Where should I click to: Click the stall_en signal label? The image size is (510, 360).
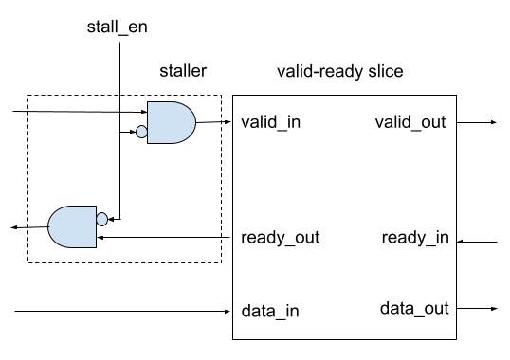tap(117, 27)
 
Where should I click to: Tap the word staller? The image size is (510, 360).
tap(182, 71)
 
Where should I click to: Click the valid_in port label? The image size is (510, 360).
tap(271, 122)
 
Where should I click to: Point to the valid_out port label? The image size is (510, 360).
tap(410, 122)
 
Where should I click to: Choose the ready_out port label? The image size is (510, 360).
tap(281, 237)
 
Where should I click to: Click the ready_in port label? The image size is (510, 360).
tap(415, 237)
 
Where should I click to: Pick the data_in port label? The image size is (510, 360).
tap(270, 310)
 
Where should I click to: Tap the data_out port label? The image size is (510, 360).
tap(414, 308)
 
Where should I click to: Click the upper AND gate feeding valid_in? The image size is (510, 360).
tap(172, 122)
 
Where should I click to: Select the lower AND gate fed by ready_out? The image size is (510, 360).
tap(72, 225)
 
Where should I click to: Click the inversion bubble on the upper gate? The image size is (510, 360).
tap(142, 133)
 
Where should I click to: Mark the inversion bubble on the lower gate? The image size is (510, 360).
tap(101, 218)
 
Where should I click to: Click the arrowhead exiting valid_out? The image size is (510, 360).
tap(492, 122)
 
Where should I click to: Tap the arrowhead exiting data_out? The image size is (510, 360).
tap(492, 309)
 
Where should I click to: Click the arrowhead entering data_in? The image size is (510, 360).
tap(228, 311)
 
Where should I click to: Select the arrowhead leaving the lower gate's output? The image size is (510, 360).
tap(13, 227)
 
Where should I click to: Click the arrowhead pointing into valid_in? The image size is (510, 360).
tap(228, 122)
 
